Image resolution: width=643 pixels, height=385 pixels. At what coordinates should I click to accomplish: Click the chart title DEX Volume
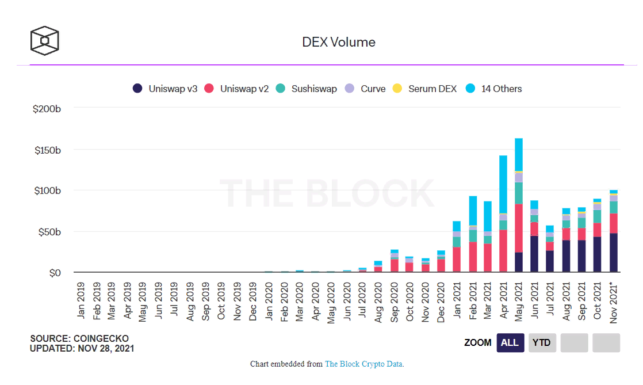pyautogui.click(x=339, y=42)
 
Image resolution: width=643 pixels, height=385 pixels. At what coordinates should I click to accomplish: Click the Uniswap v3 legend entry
pyautogui.click(x=165, y=89)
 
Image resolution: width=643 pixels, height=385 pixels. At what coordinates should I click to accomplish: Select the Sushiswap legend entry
pyautogui.click(x=306, y=89)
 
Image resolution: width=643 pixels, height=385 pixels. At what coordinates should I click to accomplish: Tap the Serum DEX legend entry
pyautogui.click(x=425, y=89)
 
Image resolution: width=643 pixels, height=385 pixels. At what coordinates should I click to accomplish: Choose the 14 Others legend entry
pyautogui.click(x=494, y=89)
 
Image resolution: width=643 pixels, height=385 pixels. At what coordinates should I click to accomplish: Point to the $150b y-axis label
pyautogui.click(x=47, y=150)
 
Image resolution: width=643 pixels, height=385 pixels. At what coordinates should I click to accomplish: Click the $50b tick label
pyautogui.click(x=49, y=231)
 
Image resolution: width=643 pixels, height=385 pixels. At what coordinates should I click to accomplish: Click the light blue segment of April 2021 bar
pyautogui.click(x=503, y=184)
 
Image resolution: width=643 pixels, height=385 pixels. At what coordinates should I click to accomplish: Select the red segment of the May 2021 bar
pyautogui.click(x=519, y=228)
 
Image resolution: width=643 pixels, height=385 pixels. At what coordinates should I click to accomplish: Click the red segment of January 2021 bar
pyautogui.click(x=457, y=260)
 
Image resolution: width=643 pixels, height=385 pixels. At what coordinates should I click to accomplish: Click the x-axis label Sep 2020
pyautogui.click(x=395, y=302)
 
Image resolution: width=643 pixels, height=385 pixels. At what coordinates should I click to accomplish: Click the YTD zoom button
pyautogui.click(x=541, y=342)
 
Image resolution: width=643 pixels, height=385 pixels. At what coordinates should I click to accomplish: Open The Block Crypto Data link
pyautogui.click(x=364, y=364)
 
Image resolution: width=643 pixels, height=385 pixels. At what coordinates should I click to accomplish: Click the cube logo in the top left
pyautogui.click(x=45, y=41)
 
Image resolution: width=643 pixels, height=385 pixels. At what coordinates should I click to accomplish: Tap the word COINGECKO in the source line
pyautogui.click(x=101, y=338)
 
